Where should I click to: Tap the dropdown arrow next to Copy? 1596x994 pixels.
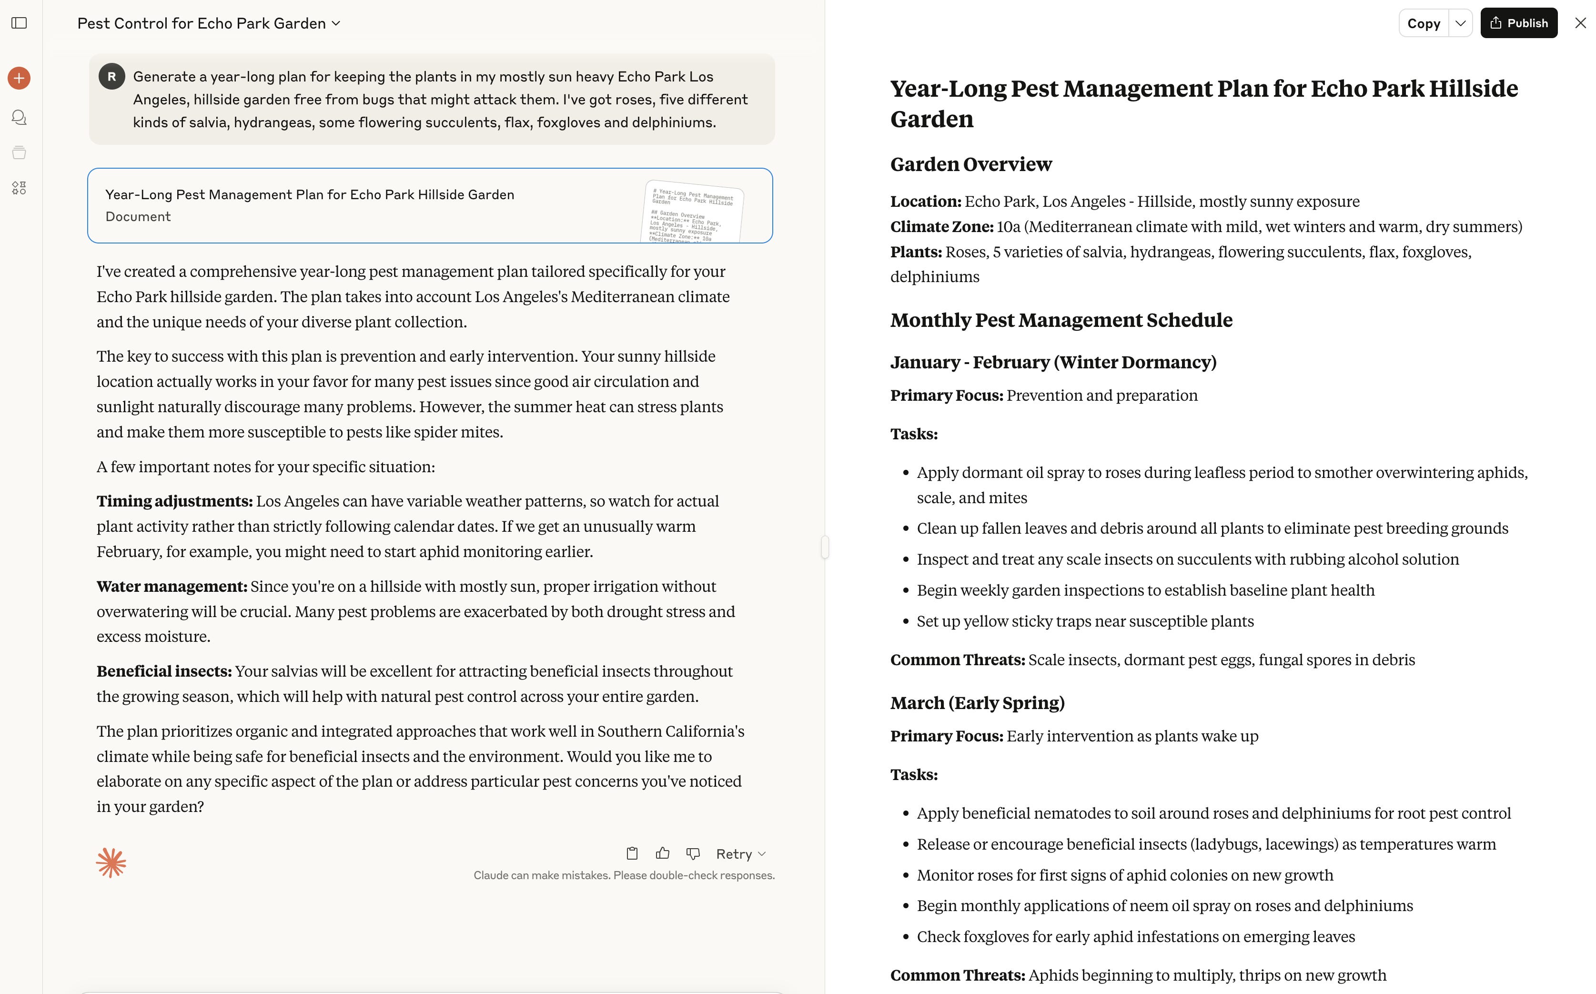pos(1461,23)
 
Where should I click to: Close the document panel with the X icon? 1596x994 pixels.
pos(1580,23)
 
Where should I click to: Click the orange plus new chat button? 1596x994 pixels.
pos(19,78)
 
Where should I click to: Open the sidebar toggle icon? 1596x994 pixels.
pos(19,23)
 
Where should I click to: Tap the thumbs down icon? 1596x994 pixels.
pos(693,853)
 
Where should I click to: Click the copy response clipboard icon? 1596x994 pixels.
pos(632,853)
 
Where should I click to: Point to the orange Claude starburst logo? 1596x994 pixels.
pos(111,862)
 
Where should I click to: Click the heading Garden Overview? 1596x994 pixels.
pos(971,164)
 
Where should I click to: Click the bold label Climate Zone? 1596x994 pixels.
pos(941,227)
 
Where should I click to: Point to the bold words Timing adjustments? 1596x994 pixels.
pos(174,501)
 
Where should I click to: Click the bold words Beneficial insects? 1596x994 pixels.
pos(164,671)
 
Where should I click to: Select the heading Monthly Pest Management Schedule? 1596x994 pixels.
pos(1061,320)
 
